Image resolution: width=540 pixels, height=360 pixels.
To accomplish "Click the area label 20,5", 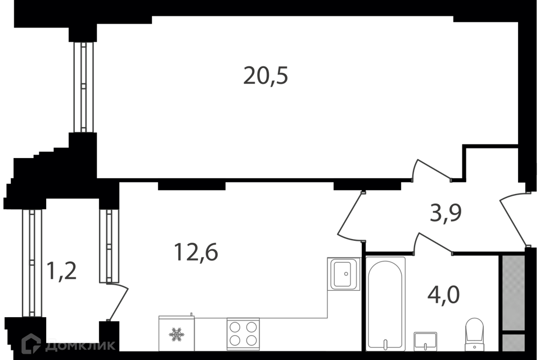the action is click(x=265, y=76).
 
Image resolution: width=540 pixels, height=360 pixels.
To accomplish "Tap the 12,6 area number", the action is click(x=195, y=253).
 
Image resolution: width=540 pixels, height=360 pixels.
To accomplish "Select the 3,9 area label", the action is click(x=445, y=213).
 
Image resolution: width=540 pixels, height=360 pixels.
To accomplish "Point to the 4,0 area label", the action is click(x=443, y=295).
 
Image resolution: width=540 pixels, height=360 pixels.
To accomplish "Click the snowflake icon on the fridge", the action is click(x=175, y=334).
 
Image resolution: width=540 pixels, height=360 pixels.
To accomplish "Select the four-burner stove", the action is click(x=243, y=334).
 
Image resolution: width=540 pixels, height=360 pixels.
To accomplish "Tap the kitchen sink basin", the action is click(x=344, y=273).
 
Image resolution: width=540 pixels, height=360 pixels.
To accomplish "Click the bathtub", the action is click(x=385, y=304).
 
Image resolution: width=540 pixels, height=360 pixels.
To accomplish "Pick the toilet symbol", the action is click(x=474, y=333).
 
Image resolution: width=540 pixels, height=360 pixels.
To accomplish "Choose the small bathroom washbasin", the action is click(x=425, y=341).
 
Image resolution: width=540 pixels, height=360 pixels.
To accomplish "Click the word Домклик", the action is click(x=80, y=344).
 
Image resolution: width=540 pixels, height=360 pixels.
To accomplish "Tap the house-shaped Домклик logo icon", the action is click(x=31, y=343).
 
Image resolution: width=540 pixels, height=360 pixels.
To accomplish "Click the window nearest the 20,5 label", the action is click(x=83, y=87).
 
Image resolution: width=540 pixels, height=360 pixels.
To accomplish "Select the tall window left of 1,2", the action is click(x=32, y=263).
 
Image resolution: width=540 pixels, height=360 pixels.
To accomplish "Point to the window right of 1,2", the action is click(x=109, y=246).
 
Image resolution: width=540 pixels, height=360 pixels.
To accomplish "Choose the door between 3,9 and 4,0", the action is click(x=432, y=243).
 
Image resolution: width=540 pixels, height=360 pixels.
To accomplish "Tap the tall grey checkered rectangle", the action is click(x=513, y=292).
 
